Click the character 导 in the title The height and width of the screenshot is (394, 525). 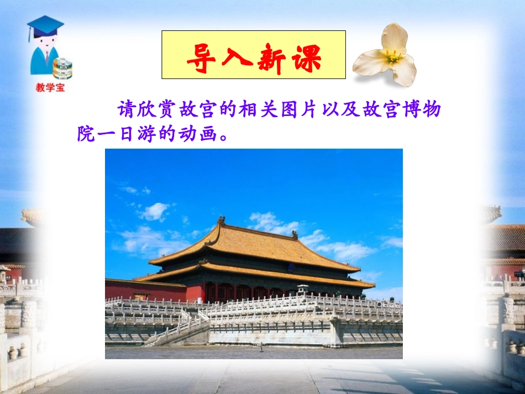[199, 56]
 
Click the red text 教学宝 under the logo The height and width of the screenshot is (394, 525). [50, 87]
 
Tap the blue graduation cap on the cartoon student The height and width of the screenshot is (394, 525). [45, 25]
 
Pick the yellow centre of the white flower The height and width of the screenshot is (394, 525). [392, 56]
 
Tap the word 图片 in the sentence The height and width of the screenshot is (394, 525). [303, 110]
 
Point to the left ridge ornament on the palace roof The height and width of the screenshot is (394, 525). [221, 221]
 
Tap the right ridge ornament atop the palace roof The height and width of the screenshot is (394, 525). [295, 234]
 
